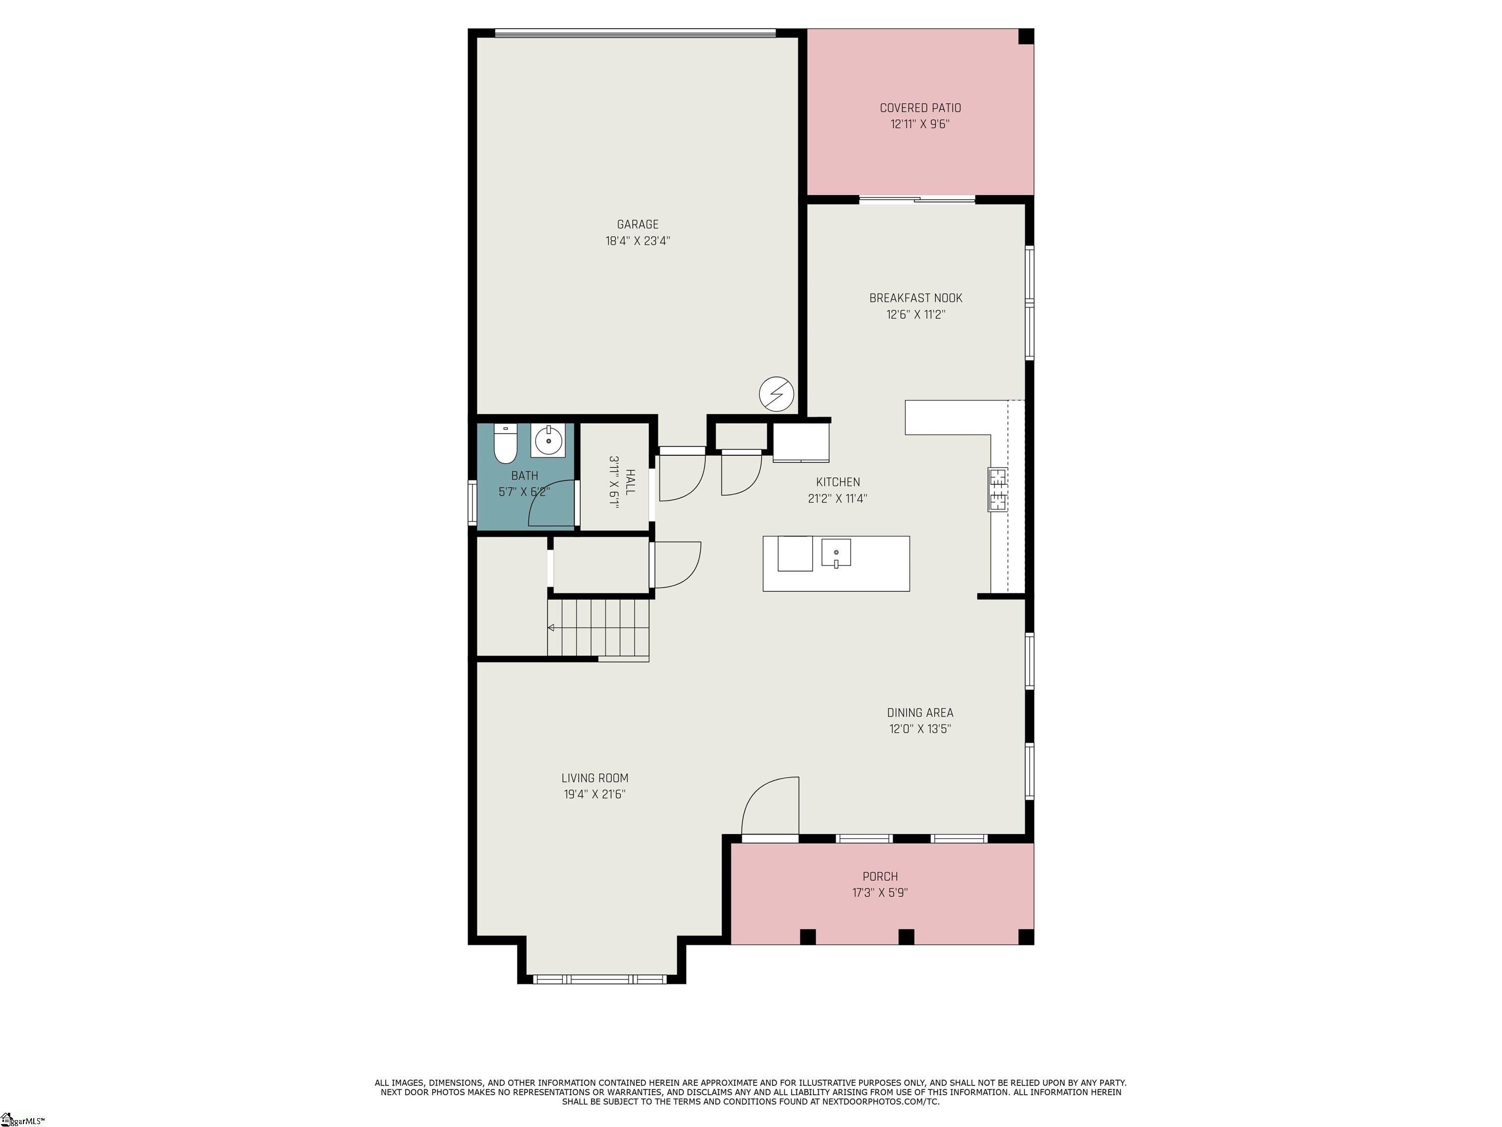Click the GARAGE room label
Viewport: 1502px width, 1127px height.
(638, 224)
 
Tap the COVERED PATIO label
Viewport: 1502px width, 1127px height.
(920, 108)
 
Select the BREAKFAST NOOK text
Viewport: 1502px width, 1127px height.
(915, 298)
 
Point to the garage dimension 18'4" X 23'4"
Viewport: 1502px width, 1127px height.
(638, 241)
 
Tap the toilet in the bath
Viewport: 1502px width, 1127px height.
(505, 443)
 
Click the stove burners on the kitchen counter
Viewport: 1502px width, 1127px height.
(997, 489)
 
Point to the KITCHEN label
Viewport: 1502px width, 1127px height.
(838, 482)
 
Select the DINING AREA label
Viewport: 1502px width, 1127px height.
(920, 713)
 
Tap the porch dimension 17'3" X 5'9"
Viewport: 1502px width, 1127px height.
(880, 893)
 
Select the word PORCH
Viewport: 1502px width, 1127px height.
(880, 877)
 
